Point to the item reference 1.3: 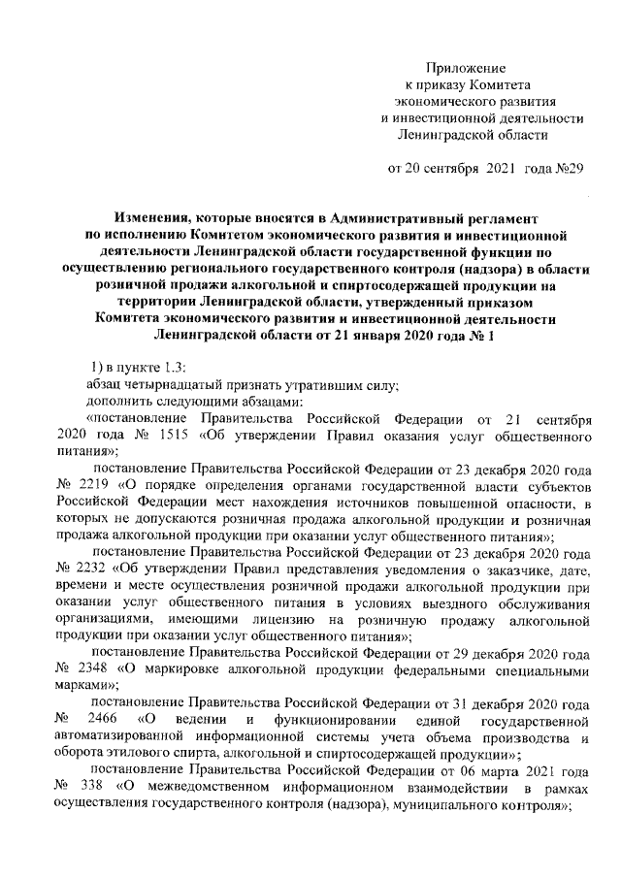[156, 366]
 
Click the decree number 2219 [105, 488]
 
